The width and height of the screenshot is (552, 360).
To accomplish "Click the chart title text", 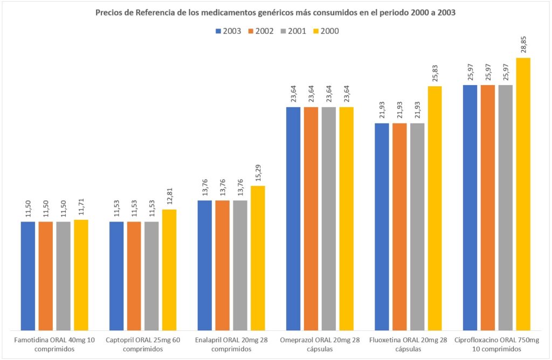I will [275, 13].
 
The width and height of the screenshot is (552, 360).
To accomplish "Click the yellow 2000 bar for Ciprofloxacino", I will [523, 194].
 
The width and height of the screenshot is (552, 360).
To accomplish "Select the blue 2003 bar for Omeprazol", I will [293, 218].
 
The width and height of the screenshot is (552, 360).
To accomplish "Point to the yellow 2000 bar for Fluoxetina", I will [434, 208].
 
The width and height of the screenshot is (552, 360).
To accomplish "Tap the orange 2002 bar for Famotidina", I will [46, 275].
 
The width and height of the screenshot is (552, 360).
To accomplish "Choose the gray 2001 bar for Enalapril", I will [240, 265].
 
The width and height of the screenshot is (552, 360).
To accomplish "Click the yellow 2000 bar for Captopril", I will [169, 269].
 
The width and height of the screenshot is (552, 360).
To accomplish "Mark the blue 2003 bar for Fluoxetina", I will [382, 226].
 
